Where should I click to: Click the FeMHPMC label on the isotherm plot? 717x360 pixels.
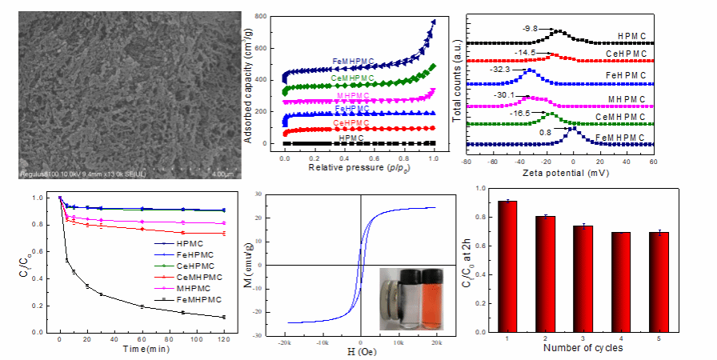coord(354,61)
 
